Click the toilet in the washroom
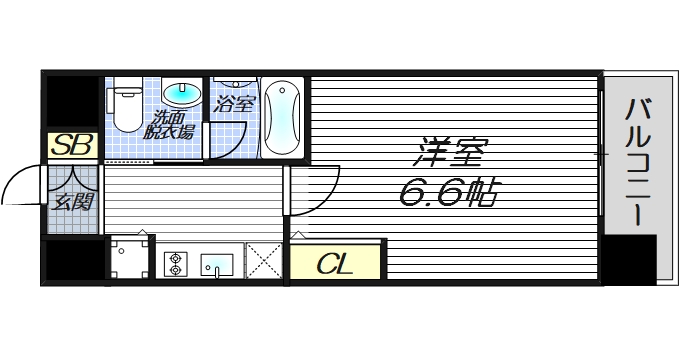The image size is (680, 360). coord(127,107)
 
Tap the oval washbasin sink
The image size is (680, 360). coord(181,95)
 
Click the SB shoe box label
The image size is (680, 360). coord(72,145)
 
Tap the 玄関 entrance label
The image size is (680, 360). coord(72,200)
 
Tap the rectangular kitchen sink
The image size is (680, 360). coord(217,265)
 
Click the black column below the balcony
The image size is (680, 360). coord(630,260)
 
